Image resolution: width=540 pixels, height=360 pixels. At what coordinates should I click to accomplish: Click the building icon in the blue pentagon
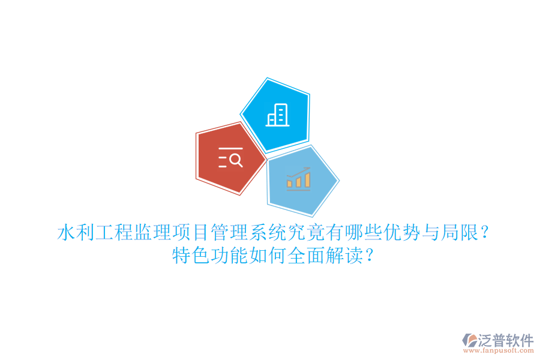(x=277, y=115)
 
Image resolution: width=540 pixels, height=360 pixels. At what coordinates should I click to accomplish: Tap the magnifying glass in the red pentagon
(x=236, y=160)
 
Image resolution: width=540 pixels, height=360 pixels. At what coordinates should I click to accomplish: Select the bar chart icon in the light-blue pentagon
(x=298, y=178)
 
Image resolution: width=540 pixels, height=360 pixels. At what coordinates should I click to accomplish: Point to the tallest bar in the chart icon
(x=308, y=179)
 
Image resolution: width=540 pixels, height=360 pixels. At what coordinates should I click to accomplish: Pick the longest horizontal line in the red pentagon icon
(x=230, y=148)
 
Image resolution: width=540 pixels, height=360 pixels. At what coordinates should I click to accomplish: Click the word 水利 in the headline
(x=76, y=232)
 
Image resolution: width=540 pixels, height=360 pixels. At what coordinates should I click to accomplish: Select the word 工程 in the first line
(x=114, y=232)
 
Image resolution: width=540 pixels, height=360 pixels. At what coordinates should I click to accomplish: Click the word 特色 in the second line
(x=191, y=256)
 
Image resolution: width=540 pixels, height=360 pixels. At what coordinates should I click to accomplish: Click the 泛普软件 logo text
(x=506, y=340)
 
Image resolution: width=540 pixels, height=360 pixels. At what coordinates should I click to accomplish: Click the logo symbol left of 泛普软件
(x=469, y=341)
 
